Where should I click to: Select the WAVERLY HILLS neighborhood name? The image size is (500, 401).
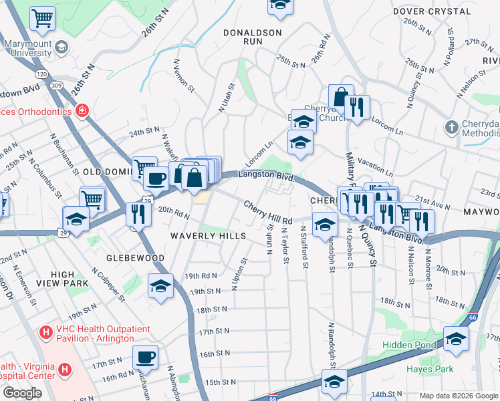click(x=208, y=236)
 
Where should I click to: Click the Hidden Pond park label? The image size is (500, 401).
click(x=408, y=346)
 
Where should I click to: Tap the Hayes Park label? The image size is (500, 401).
click(x=430, y=369)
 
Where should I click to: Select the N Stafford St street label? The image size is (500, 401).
click(x=305, y=247)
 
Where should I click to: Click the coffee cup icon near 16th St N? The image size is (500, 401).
click(x=145, y=356)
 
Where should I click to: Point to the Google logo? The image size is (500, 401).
click(x=23, y=393)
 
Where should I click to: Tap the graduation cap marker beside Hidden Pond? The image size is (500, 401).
click(x=456, y=338)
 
